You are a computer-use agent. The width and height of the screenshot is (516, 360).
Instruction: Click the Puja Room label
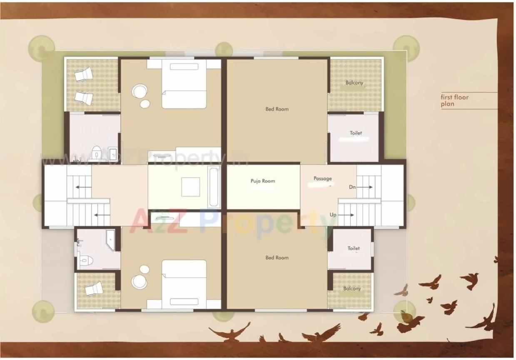(x=263, y=181)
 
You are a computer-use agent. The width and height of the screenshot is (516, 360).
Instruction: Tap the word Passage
(x=323, y=178)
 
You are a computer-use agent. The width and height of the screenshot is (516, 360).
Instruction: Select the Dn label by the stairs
(x=352, y=187)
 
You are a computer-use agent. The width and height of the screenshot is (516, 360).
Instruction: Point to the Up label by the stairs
(x=333, y=215)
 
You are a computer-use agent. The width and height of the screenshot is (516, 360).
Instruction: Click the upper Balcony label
(x=354, y=82)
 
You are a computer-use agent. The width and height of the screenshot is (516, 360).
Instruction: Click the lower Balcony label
(x=352, y=288)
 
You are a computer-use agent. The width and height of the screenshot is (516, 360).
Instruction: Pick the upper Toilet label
(x=356, y=133)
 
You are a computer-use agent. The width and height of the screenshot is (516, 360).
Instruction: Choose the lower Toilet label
(x=354, y=248)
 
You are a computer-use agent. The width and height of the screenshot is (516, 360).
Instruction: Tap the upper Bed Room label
(x=277, y=109)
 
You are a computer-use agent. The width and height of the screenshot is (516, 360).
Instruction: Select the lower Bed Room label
(x=277, y=257)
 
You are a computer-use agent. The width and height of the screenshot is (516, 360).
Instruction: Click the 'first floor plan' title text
(x=454, y=100)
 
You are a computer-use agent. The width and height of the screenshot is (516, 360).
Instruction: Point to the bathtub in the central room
(x=213, y=187)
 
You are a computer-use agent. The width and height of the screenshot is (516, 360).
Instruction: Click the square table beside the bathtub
(x=190, y=187)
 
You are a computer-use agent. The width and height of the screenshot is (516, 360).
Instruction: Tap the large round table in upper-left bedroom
(x=139, y=91)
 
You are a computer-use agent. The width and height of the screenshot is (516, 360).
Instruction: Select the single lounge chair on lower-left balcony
(x=94, y=288)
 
